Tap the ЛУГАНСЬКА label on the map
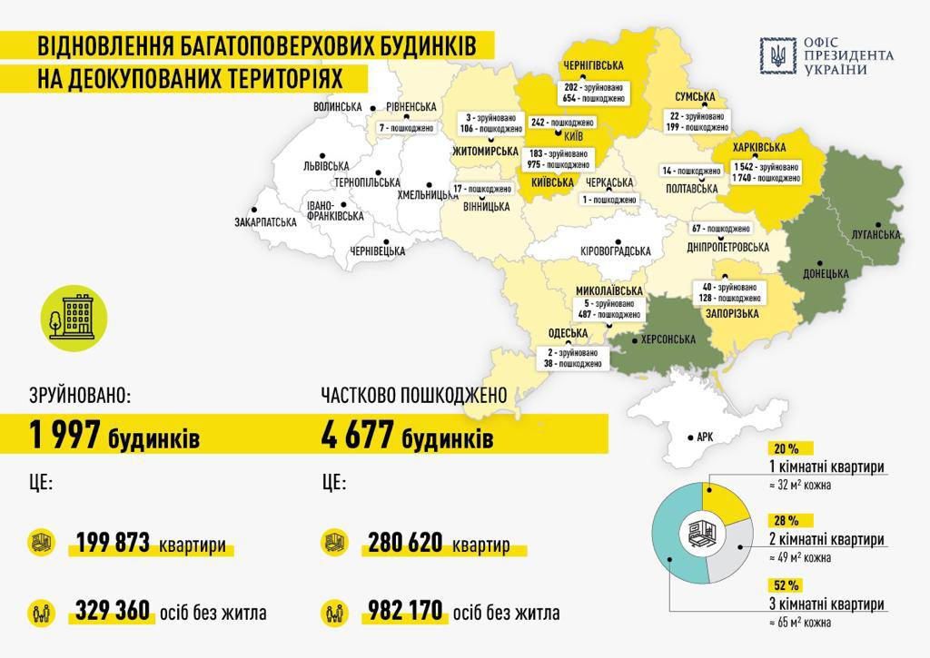[876, 234]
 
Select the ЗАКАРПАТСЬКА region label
[265, 221]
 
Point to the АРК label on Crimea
[705, 437]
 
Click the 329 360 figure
[113, 611]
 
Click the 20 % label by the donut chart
[787, 449]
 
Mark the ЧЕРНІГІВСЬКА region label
[593, 66]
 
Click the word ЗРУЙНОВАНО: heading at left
[77, 396]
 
